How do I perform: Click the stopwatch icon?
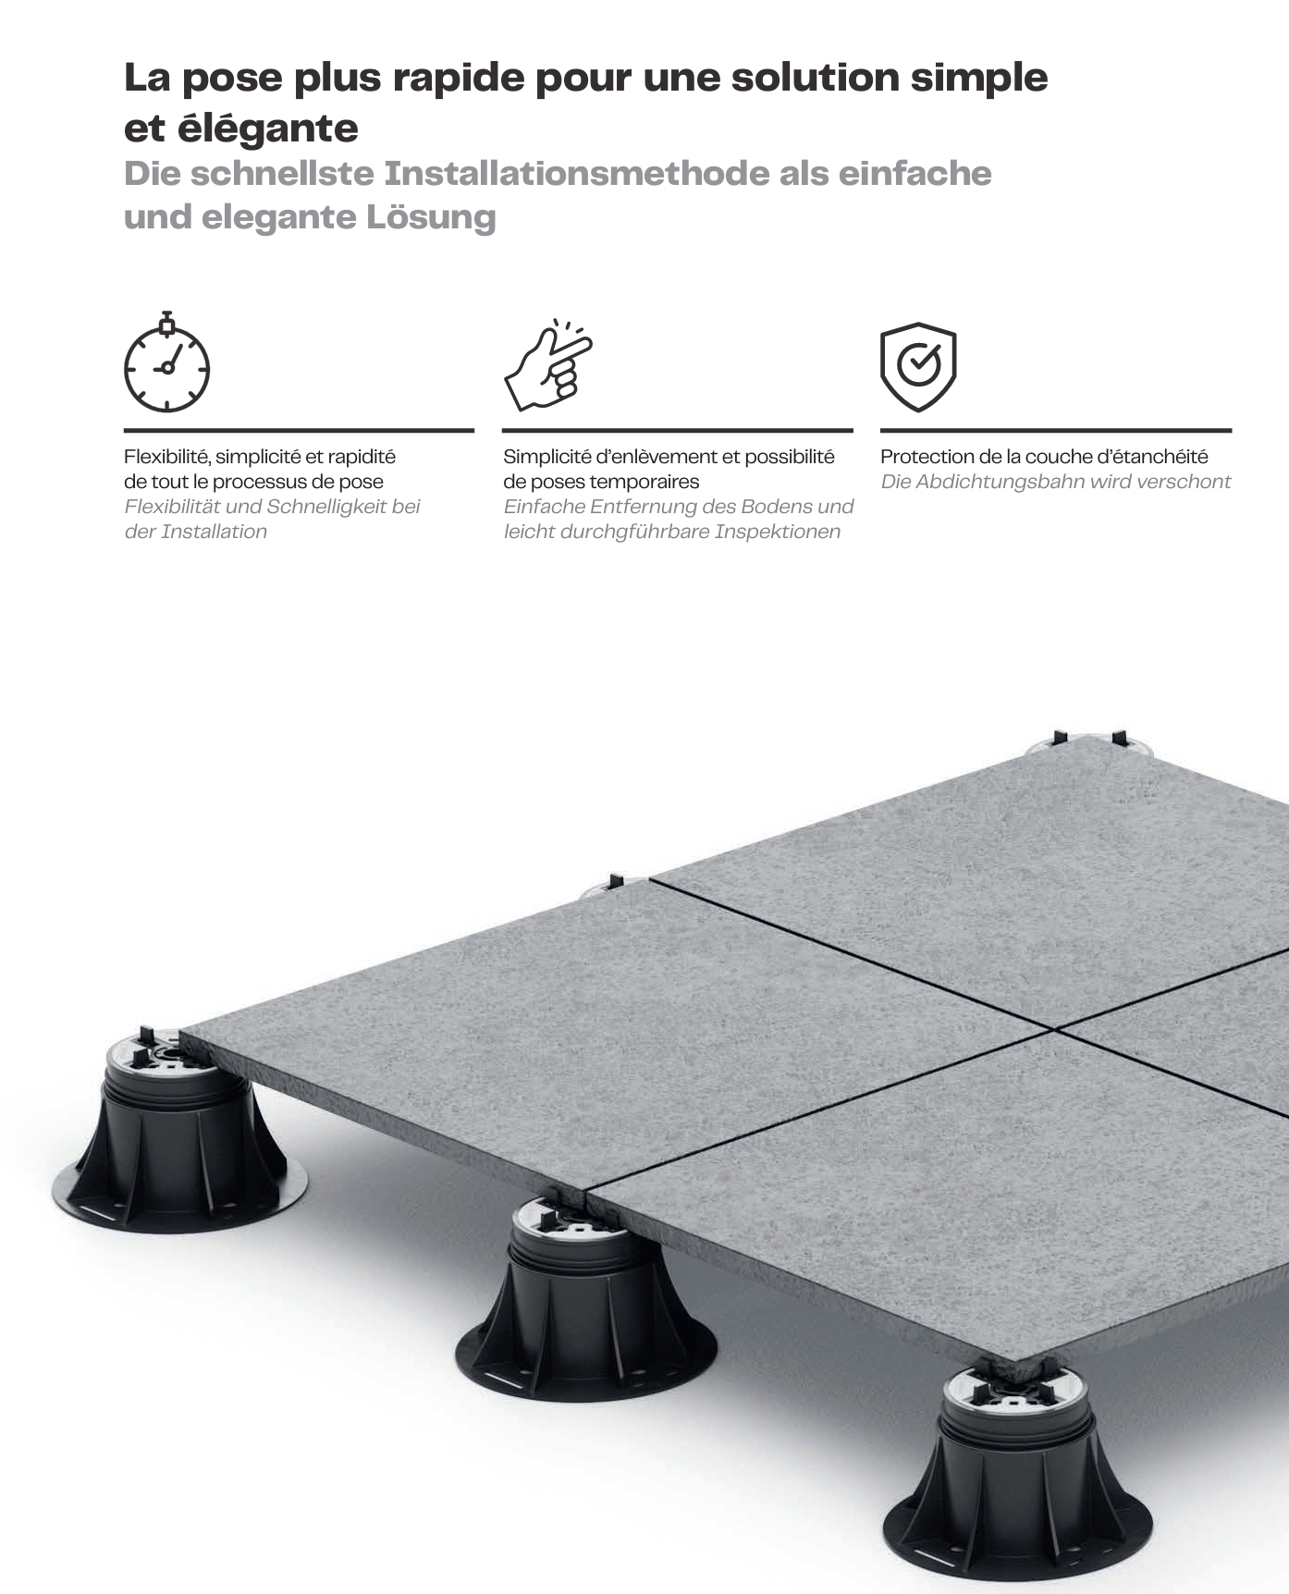pyautogui.click(x=167, y=362)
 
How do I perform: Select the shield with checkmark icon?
pyautogui.click(x=917, y=366)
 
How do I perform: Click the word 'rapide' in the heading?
pyautogui.click(x=459, y=78)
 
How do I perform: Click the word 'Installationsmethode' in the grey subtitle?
pyautogui.click(x=576, y=174)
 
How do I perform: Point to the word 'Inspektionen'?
pyautogui.click(x=777, y=532)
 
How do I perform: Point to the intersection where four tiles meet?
pyautogui.click(x=1054, y=1027)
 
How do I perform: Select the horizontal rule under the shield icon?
pyautogui.click(x=1055, y=430)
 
